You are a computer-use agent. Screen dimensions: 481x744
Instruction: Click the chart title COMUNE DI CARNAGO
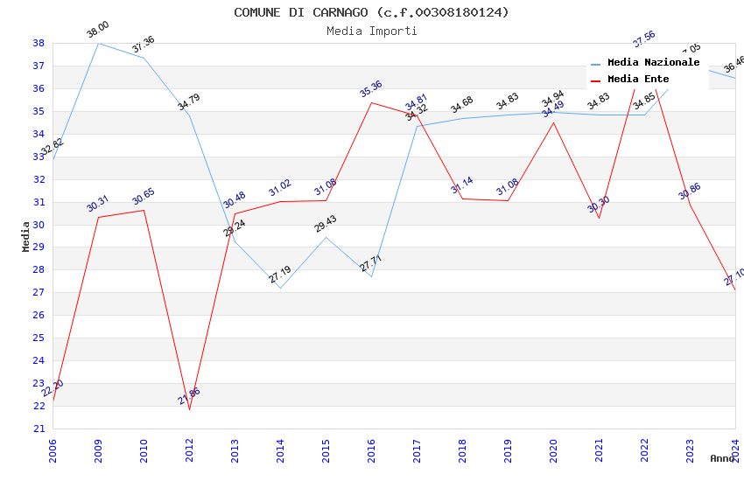click(x=371, y=12)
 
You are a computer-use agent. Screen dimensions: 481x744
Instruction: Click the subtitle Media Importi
click(x=371, y=31)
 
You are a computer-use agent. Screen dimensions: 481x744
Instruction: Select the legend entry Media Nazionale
click(x=653, y=62)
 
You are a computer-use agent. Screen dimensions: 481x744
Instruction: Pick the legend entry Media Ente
click(x=638, y=79)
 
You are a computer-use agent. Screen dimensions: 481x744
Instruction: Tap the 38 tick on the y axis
click(x=39, y=43)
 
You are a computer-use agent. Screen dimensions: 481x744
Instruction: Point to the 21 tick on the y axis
click(x=39, y=429)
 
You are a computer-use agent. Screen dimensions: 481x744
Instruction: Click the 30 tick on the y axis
click(x=39, y=225)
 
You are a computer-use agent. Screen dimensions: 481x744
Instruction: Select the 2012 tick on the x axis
click(x=189, y=451)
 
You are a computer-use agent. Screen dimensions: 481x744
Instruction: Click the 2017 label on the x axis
click(x=417, y=451)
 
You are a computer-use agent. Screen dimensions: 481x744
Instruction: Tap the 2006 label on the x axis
click(x=53, y=451)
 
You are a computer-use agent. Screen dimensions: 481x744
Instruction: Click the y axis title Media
click(x=26, y=236)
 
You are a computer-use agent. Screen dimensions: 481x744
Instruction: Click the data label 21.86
click(x=189, y=396)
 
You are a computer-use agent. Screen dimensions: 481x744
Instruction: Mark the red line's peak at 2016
click(x=371, y=102)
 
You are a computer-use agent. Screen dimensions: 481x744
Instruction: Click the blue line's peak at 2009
click(x=98, y=43)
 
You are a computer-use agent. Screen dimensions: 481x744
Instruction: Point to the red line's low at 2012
click(x=189, y=409)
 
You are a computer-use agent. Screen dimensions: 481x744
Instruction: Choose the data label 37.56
click(x=644, y=39)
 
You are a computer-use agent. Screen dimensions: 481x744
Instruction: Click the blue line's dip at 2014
click(x=280, y=288)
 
